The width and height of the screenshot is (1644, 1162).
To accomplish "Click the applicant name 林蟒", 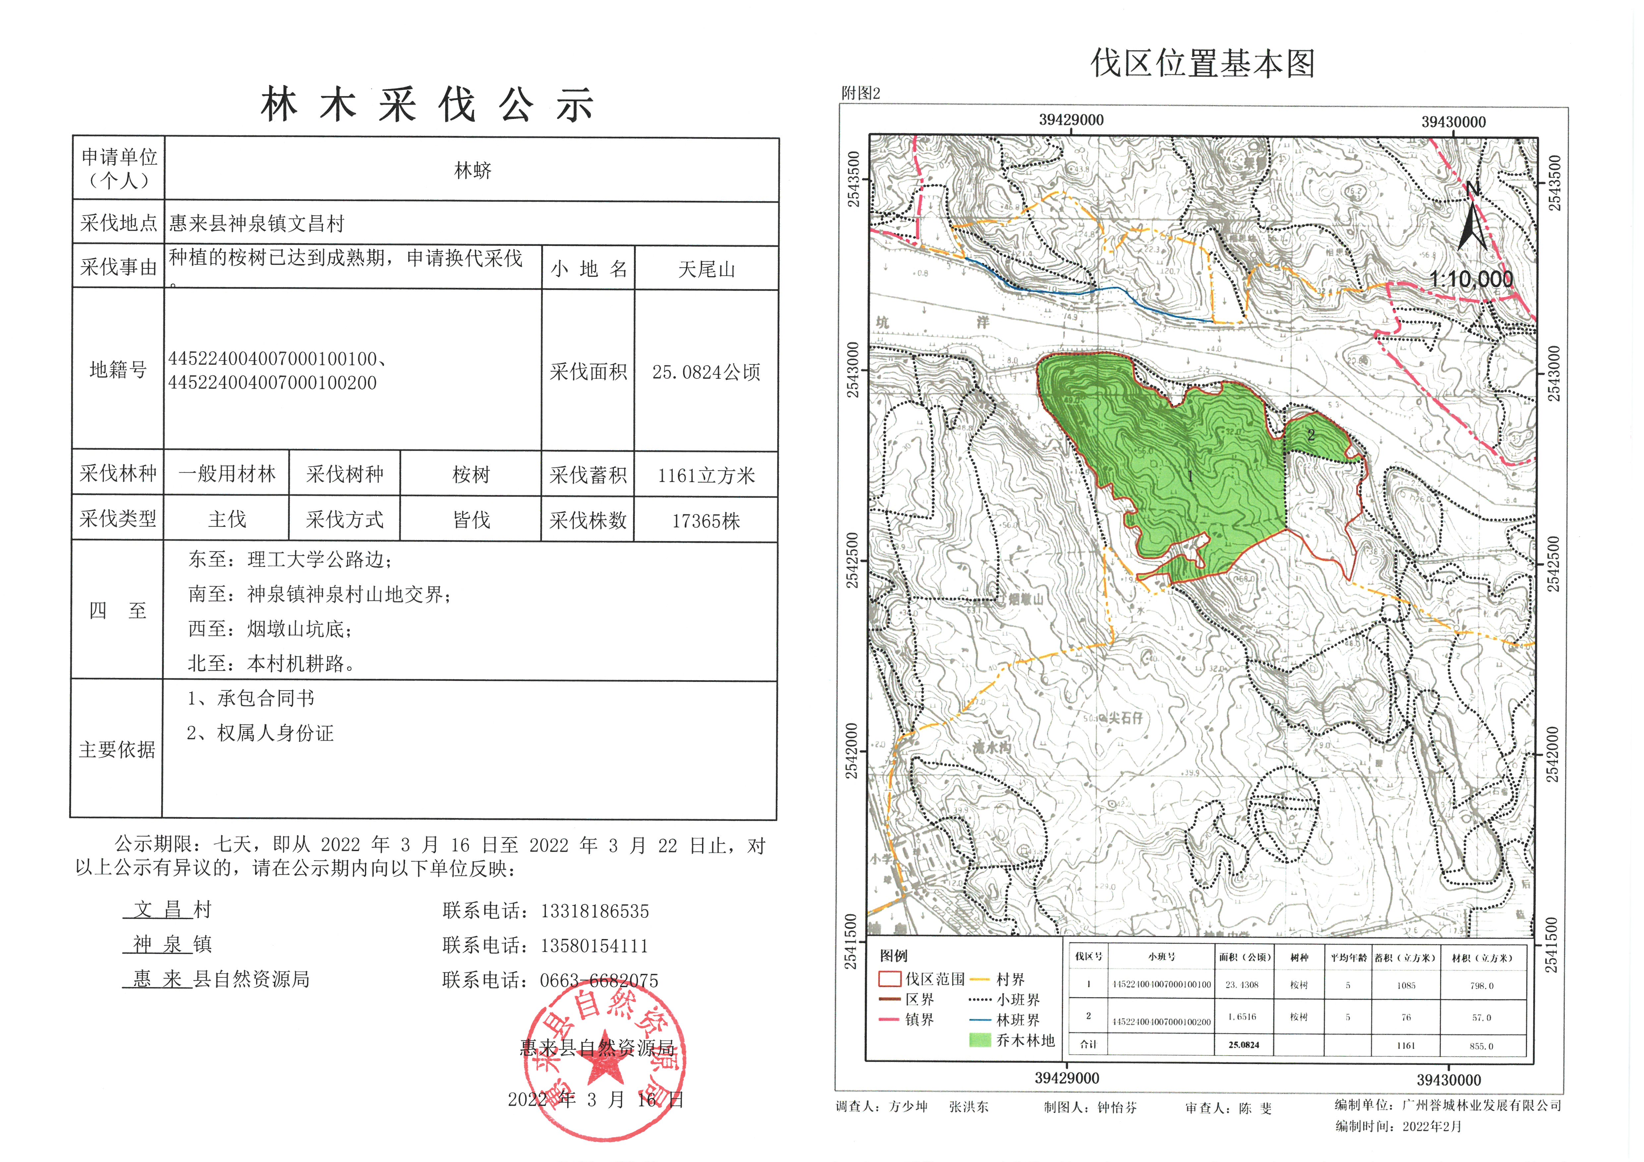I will click(x=473, y=170).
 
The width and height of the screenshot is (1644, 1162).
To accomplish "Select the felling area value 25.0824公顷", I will click(x=706, y=371).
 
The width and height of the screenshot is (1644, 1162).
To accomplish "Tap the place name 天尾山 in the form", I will click(x=706, y=269).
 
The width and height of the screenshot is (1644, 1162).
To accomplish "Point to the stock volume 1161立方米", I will click(x=706, y=475).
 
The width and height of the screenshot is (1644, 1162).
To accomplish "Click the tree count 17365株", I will click(x=706, y=521).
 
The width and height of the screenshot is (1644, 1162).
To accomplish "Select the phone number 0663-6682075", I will click(x=599, y=980).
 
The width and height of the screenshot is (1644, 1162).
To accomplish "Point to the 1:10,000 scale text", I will click(x=1471, y=279).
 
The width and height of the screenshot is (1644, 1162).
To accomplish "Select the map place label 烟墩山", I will click(x=1026, y=598).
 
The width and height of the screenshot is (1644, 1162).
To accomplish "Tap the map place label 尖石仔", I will click(x=1126, y=717).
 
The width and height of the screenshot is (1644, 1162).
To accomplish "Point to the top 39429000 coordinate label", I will click(x=1071, y=120).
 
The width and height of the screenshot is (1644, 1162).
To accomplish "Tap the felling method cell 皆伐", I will click(x=471, y=520).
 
